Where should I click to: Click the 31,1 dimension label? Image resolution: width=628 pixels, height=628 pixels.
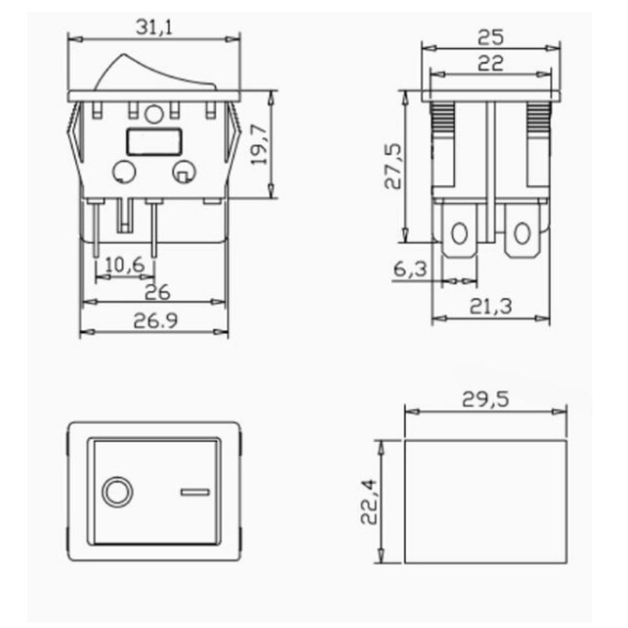[x=154, y=27]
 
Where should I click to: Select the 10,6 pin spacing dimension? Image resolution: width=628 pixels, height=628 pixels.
[x=125, y=265]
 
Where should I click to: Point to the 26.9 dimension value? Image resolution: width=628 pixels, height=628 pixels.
[x=155, y=321]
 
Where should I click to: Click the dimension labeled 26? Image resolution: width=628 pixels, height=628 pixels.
[x=157, y=292]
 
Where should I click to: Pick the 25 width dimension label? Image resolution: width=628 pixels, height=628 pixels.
[x=491, y=38]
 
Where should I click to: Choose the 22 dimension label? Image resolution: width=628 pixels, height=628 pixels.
[x=491, y=63]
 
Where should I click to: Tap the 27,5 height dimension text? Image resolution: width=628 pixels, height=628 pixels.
[x=393, y=166]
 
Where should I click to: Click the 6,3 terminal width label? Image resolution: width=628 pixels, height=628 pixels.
[x=411, y=269]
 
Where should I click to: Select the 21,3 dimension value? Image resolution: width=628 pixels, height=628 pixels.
[x=491, y=307]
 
